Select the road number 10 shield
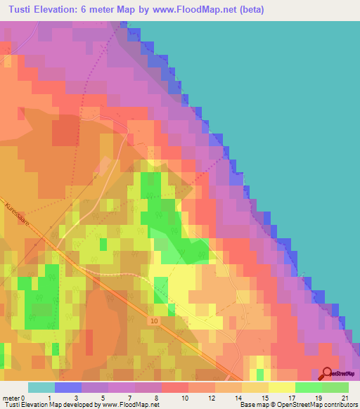[154, 320]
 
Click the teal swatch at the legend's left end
[41, 387]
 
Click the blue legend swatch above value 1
[67, 387]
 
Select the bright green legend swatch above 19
[309, 387]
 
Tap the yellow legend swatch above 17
[282, 387]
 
